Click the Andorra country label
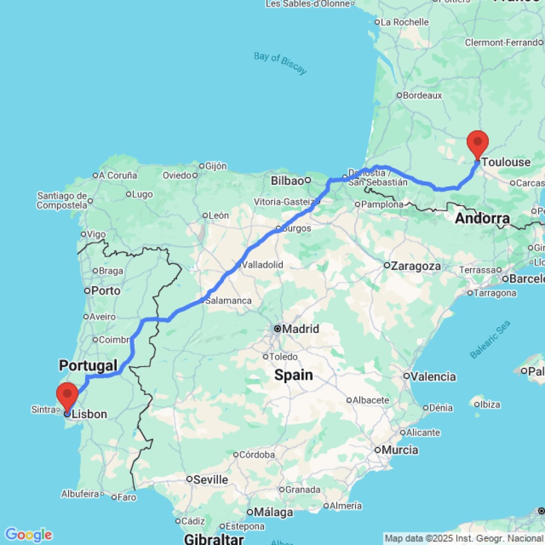point(482,219)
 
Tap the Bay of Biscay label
point(280,63)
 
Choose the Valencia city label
point(434,377)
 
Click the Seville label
point(211,480)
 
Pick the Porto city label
point(106,290)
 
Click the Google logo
point(28,535)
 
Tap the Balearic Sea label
point(490,339)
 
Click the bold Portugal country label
point(88,365)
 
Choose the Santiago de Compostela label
point(62,201)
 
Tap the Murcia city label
point(399,450)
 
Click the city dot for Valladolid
point(238,265)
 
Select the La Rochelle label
point(404,22)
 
